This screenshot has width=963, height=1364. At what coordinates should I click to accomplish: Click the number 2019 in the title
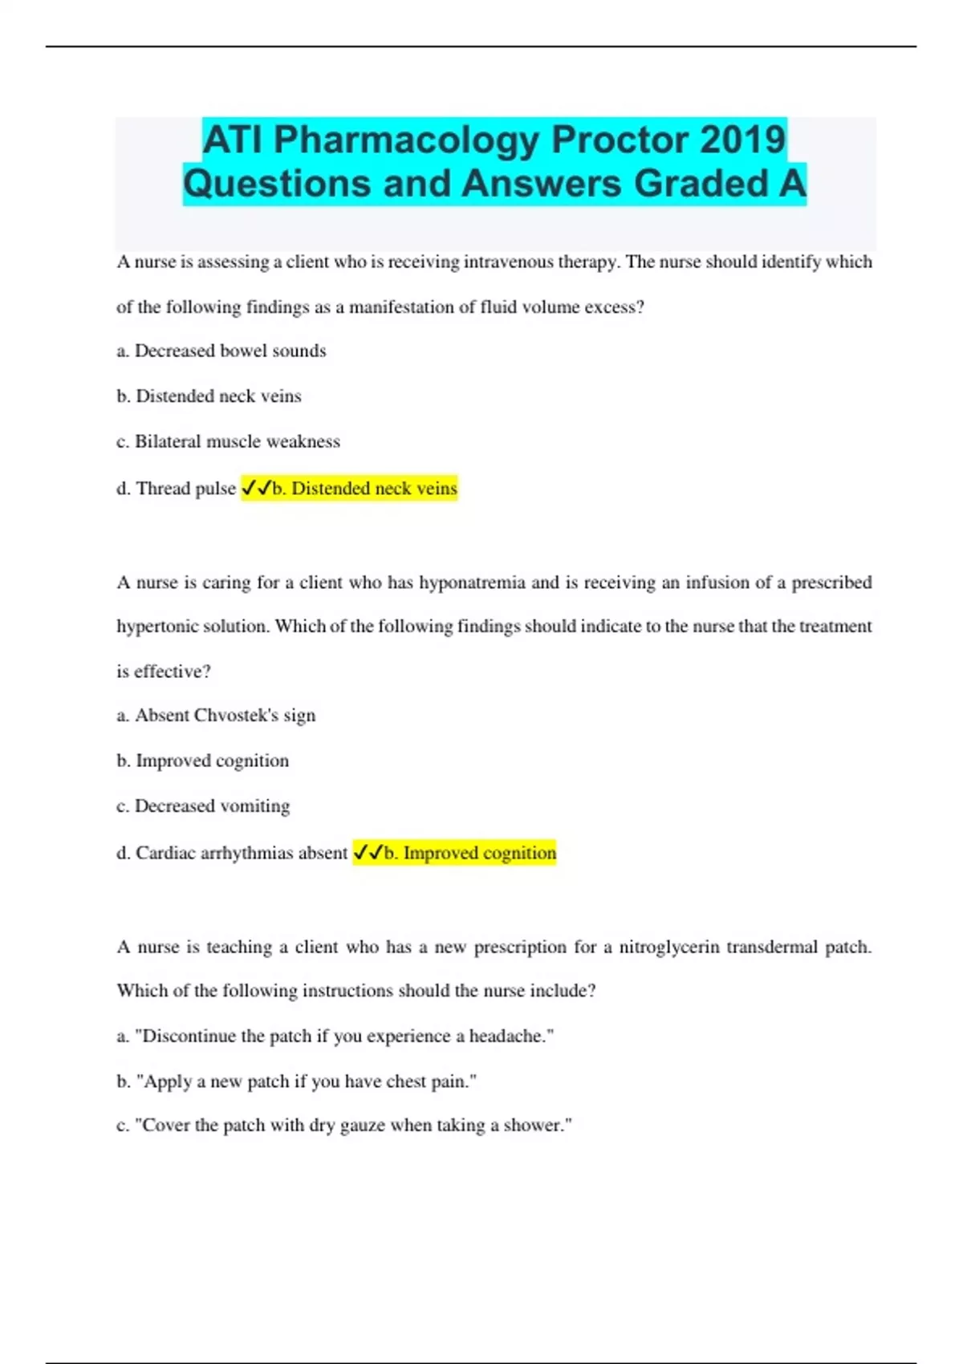coord(742,140)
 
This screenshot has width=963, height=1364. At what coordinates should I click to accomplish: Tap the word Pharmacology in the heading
coord(407,140)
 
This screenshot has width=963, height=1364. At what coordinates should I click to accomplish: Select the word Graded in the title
coord(701,184)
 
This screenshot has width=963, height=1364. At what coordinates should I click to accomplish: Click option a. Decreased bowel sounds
coord(221,351)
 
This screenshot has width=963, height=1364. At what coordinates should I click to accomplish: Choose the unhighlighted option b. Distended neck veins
coord(209,396)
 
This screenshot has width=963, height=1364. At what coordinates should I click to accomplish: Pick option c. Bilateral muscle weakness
coord(229,441)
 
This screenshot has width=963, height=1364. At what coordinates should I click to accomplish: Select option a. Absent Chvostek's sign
coord(216,715)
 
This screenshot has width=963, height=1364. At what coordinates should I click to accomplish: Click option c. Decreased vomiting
coord(203,806)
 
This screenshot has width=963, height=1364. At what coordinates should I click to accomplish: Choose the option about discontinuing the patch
coord(335,1036)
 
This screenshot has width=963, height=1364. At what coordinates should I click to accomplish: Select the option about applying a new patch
coord(297,1082)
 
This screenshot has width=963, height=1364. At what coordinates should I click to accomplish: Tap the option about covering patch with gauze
coord(344,1125)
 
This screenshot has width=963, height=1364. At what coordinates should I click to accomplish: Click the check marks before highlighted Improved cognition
coord(368,853)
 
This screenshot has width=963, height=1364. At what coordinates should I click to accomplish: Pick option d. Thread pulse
coord(177,489)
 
